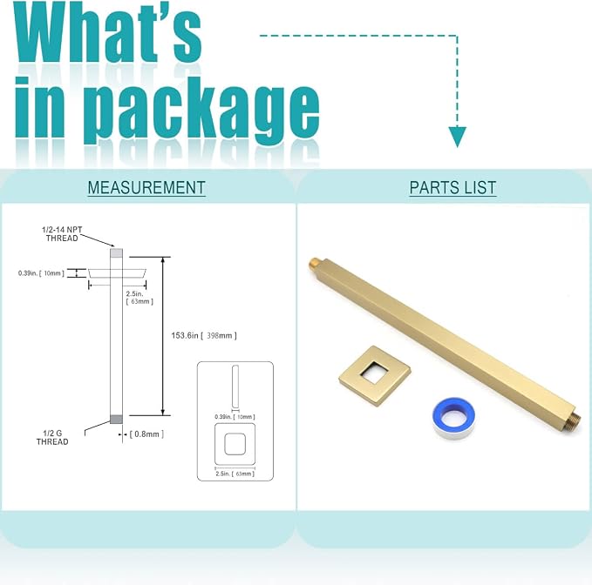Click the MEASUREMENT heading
[x=146, y=188]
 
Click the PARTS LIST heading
[x=453, y=188]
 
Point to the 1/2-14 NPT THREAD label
[x=62, y=233]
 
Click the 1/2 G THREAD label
[x=52, y=438]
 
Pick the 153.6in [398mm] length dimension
[x=204, y=335]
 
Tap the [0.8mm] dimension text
[x=146, y=434]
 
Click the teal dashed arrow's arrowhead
[x=457, y=137]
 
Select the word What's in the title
[x=107, y=34]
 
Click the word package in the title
[x=201, y=110]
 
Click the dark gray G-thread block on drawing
[x=116, y=419]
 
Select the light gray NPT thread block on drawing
[x=116, y=252]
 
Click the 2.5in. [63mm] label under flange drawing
[x=139, y=298]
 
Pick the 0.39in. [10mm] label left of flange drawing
[x=41, y=272]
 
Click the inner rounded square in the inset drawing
[x=235, y=444]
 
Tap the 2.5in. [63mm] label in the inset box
[x=235, y=474]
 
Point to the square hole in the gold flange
[x=374, y=373]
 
